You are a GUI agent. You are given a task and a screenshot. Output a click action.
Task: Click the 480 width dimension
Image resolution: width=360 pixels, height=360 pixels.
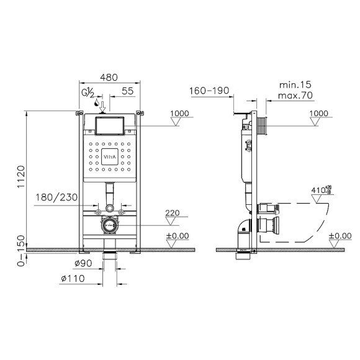[110, 78]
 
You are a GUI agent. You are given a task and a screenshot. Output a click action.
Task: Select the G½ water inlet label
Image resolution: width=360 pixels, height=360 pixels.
[89, 93]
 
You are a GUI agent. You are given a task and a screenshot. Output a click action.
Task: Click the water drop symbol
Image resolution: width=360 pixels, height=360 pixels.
[96, 104]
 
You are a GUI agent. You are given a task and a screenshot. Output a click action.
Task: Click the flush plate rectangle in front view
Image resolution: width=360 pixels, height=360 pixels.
[110, 126]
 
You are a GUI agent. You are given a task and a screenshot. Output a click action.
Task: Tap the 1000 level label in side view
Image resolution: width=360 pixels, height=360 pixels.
[320, 113]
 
